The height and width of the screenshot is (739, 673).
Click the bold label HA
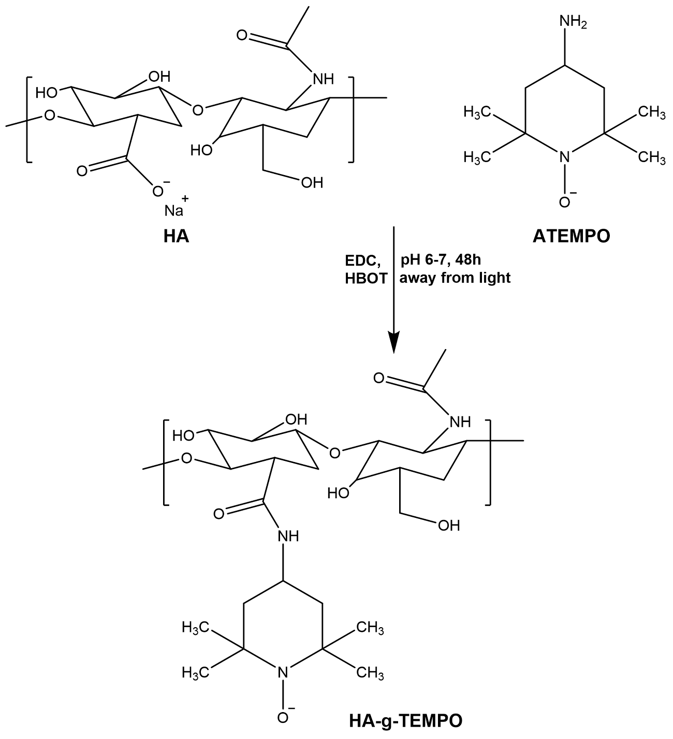(x=176, y=237)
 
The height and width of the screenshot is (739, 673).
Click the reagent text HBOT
(x=366, y=278)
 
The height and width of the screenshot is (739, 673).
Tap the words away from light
(x=455, y=278)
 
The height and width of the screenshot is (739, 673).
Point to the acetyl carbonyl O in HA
(x=241, y=36)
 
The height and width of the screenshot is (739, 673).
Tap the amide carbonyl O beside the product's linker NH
(x=218, y=513)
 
